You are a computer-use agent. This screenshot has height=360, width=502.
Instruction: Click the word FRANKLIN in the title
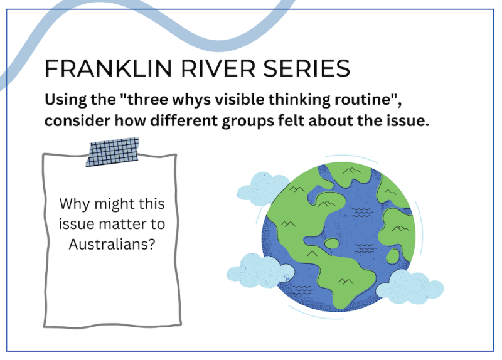tap(109, 68)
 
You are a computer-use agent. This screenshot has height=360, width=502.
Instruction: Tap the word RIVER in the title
tap(218, 68)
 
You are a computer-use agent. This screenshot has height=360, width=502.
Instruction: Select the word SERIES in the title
tap(307, 68)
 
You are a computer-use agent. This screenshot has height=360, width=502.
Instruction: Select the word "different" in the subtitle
tap(184, 120)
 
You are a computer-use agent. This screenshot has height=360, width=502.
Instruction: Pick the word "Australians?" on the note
tap(112, 245)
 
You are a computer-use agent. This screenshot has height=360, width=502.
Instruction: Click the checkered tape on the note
tap(112, 152)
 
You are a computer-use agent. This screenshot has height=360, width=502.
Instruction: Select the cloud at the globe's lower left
tap(260, 270)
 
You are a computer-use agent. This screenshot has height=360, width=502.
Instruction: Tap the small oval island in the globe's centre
tap(332, 243)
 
